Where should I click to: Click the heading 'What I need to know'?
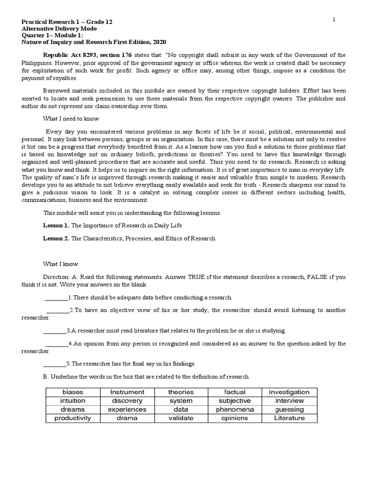71,118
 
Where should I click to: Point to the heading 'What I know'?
60,264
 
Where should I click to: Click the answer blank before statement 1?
56,298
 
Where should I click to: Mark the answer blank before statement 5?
54,364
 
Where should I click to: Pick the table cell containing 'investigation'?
289,392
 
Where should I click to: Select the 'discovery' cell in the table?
127,401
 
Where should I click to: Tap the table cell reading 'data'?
181,409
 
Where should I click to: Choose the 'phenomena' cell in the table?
235,409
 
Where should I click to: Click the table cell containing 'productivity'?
73,418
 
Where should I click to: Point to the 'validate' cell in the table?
181,418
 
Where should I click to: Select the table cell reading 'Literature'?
289,418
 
